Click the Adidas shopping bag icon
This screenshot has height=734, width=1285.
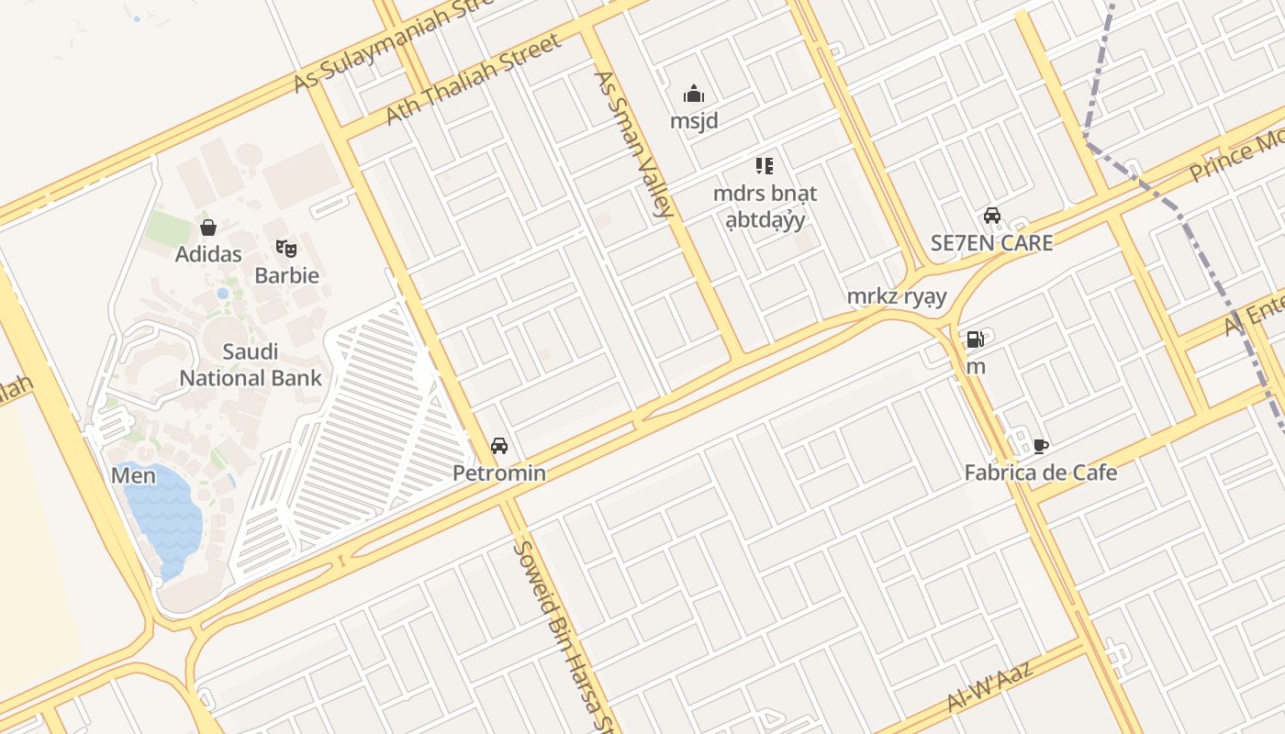(x=208, y=228)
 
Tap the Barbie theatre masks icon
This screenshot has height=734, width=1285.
(x=286, y=248)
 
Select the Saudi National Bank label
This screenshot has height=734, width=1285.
(x=251, y=364)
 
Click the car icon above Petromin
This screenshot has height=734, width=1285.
(x=499, y=446)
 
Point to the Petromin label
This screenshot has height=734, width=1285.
(x=499, y=473)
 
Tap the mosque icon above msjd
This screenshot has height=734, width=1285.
(x=694, y=94)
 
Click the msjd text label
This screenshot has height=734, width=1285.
(x=694, y=121)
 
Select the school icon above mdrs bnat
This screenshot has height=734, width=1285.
(x=765, y=166)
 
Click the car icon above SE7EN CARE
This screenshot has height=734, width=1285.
(x=992, y=216)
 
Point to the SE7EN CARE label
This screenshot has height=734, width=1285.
(x=991, y=243)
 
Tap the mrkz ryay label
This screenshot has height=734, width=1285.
(x=896, y=296)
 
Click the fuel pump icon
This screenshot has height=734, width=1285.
(x=975, y=339)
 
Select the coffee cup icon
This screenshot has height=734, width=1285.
(x=1040, y=446)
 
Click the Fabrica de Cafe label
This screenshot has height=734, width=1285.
(x=1040, y=473)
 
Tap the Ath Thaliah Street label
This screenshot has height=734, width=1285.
(x=473, y=80)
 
